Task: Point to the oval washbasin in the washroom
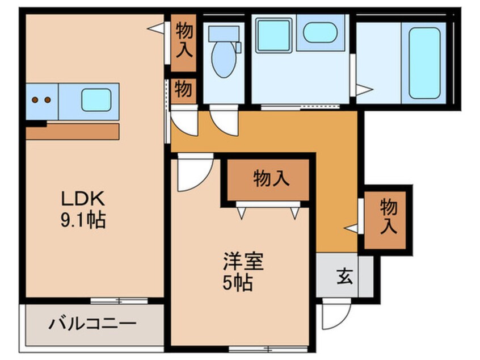pyautogui.click(x=320, y=33)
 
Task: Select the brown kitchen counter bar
pyautogui.click(x=73, y=132)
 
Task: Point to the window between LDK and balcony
pyautogui.click(x=113, y=299)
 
